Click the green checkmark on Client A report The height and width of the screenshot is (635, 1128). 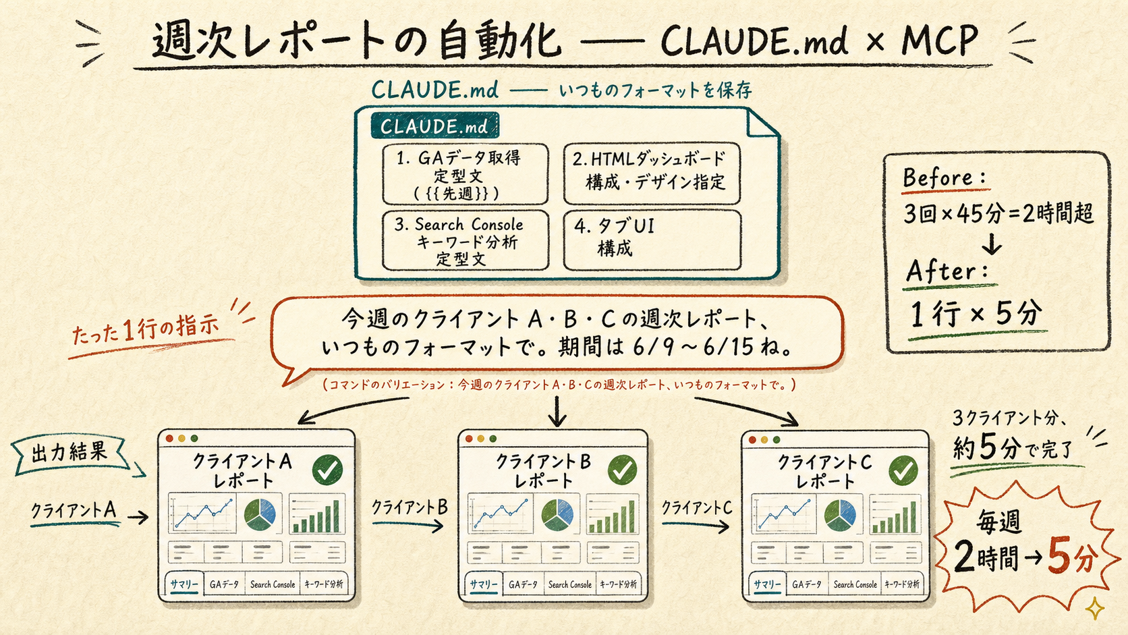[327, 470]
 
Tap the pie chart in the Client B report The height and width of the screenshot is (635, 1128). [557, 514]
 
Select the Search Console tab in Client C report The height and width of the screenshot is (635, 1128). [855, 584]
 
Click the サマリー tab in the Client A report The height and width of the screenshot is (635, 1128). [184, 584]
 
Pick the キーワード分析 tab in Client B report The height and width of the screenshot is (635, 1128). [618, 584]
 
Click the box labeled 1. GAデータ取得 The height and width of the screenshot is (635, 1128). [466, 174]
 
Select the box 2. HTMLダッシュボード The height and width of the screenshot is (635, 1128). [652, 173]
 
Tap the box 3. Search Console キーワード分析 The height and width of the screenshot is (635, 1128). [466, 241]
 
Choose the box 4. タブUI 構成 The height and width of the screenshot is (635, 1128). [652, 240]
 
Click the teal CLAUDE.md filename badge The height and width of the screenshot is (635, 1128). [434, 126]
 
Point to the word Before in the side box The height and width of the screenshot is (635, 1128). [937, 177]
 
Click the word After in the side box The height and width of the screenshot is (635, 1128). [940, 271]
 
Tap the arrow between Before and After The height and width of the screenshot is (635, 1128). [992, 243]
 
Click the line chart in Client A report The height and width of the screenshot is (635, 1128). [202, 513]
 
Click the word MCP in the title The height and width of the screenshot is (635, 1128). [940, 40]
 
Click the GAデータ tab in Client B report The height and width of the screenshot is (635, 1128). [524, 584]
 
